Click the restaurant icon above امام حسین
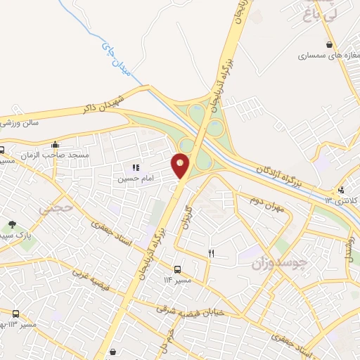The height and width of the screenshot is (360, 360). coord(136,167)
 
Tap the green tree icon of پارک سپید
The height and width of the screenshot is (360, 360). coord(12,225)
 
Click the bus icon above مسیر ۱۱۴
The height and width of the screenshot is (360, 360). coord(177,269)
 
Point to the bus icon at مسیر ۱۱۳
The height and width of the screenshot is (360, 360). coord(15,313)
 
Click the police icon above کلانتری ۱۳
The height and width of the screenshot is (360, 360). coord(342,189)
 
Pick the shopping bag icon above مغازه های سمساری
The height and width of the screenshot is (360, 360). coord(328,44)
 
